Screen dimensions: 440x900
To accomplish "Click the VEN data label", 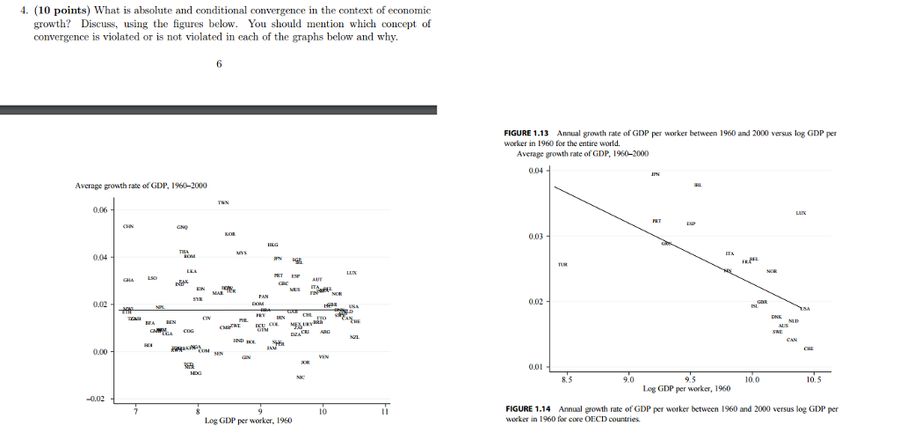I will tap(323, 356).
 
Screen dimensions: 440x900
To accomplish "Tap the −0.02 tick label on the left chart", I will tap(98, 399).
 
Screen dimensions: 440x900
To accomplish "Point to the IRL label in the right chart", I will tap(697, 186).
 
